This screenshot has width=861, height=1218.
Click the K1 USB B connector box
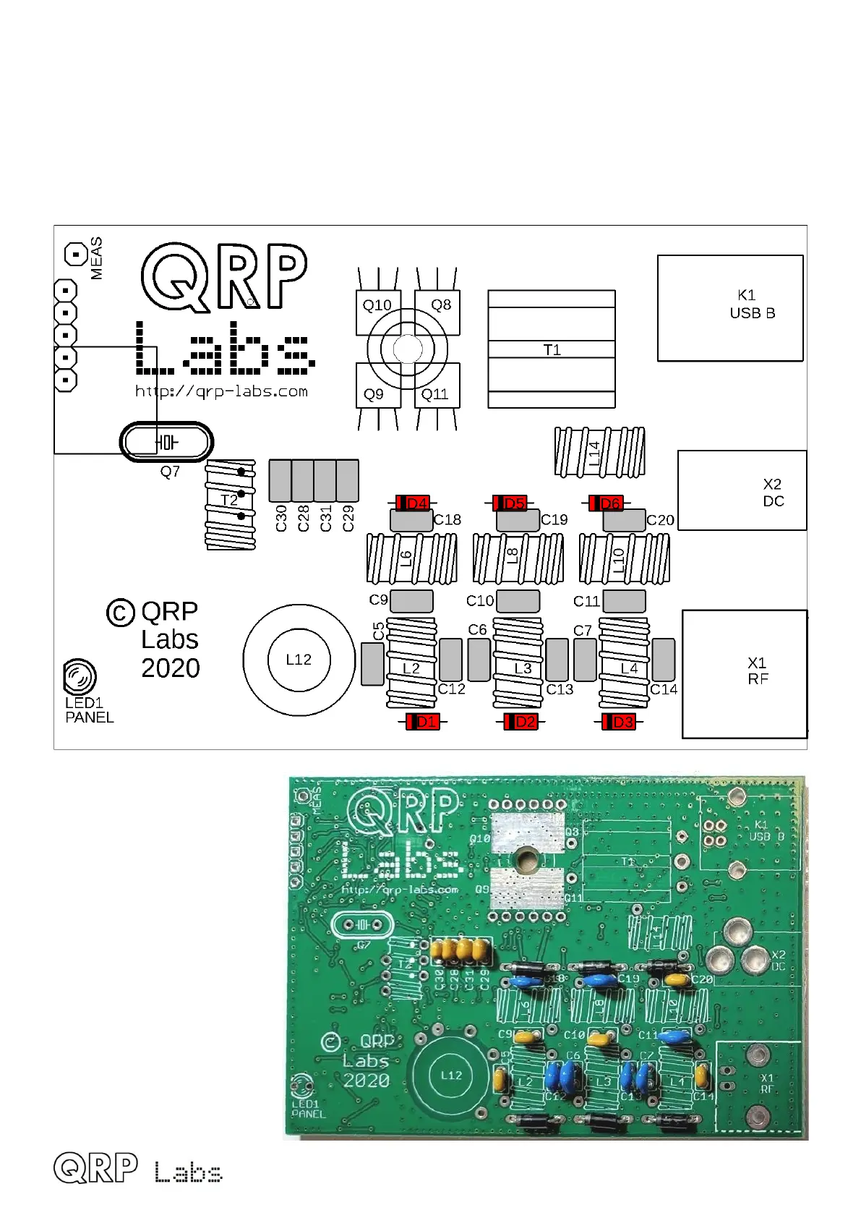tap(730, 308)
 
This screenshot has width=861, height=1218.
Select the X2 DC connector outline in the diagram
tap(742, 490)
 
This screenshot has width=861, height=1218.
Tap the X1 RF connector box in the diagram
tap(745, 674)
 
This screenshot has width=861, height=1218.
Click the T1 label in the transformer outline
tap(552, 350)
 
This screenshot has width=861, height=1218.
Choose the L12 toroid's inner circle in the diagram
tap(299, 660)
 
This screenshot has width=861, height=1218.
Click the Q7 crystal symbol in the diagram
tap(166, 442)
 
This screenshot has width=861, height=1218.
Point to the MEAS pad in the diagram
tap(75, 255)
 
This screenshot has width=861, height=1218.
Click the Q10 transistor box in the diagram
tap(378, 312)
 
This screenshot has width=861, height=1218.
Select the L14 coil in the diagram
tap(599, 453)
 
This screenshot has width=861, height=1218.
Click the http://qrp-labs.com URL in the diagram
tap(221, 392)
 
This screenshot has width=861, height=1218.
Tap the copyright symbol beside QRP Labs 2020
tap(121, 613)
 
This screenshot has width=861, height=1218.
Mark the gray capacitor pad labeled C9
tap(411, 601)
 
